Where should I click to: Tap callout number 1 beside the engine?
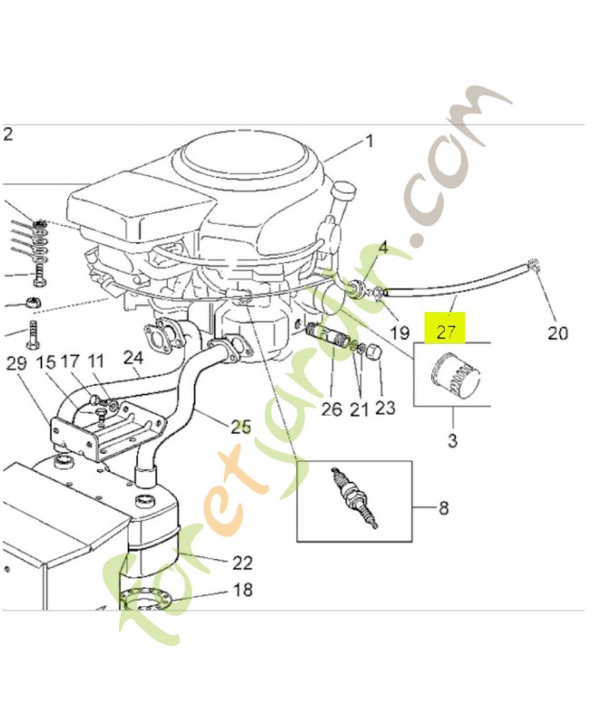[370, 141]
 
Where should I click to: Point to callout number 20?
[557, 333]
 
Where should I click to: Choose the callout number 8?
[442, 508]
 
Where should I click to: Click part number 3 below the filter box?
[453, 442]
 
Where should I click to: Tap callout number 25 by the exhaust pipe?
[240, 426]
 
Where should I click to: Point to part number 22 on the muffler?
[242, 563]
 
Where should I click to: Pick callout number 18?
[242, 590]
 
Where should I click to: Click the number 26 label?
[331, 409]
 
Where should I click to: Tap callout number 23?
[385, 408]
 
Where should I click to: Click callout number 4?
[383, 247]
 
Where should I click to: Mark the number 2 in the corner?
[8, 135]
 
